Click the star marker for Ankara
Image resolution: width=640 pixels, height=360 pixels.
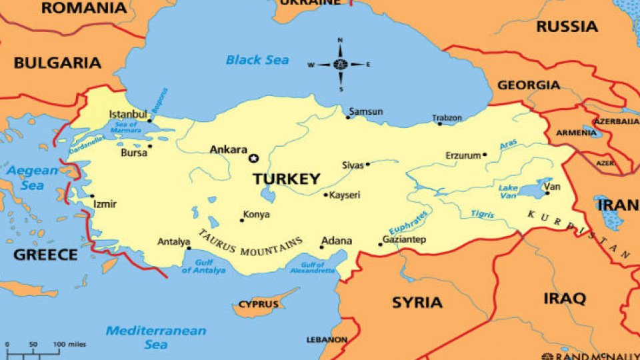(x=253, y=158)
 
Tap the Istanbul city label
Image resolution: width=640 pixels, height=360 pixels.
(x=127, y=115)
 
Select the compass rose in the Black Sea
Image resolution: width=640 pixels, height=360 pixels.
(x=340, y=65)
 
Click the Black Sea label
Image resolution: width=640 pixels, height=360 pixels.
(x=257, y=60)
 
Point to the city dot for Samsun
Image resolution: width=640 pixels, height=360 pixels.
(x=348, y=117)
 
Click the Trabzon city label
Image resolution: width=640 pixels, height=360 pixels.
(x=447, y=118)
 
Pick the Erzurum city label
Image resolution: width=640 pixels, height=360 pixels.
(x=463, y=155)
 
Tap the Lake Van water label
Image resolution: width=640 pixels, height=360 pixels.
(x=508, y=192)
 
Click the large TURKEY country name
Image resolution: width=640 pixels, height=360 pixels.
(x=286, y=179)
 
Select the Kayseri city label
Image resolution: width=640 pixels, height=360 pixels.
(x=345, y=195)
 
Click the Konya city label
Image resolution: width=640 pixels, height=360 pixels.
(x=256, y=215)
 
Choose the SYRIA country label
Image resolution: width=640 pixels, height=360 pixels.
(x=417, y=302)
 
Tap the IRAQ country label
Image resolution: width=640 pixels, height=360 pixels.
(x=564, y=297)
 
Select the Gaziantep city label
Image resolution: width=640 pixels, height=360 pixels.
(x=404, y=239)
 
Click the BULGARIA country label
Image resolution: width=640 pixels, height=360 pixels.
(x=57, y=63)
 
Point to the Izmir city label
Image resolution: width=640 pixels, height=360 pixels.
(x=105, y=204)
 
